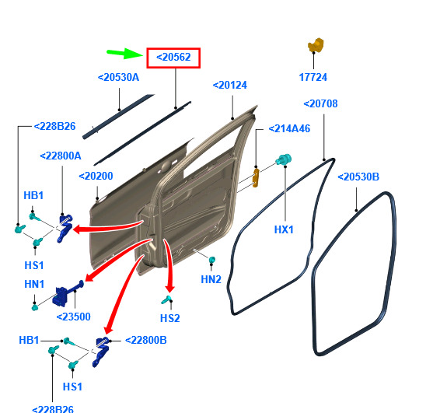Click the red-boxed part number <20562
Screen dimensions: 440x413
(x=173, y=58)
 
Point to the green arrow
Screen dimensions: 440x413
(x=125, y=53)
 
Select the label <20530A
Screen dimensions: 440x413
(x=118, y=77)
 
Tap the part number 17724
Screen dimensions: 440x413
(x=313, y=77)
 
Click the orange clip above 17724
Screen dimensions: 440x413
(x=316, y=45)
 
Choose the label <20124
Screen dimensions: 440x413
(x=230, y=85)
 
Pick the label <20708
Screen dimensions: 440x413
(x=320, y=103)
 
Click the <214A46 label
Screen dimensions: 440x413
(x=289, y=128)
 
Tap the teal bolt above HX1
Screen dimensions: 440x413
(x=284, y=160)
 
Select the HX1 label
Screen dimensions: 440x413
(x=284, y=229)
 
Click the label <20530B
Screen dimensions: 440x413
(x=358, y=177)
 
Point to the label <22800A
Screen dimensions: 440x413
(x=61, y=156)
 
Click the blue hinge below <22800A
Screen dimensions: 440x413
(x=65, y=228)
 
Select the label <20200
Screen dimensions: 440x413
(x=96, y=176)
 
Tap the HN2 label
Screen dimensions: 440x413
(x=211, y=279)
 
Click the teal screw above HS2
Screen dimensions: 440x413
(x=166, y=299)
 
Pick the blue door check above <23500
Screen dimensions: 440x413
(x=68, y=294)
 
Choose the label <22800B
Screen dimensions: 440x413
(x=145, y=341)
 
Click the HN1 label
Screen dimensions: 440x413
(x=34, y=284)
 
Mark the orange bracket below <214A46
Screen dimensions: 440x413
(x=256, y=178)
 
